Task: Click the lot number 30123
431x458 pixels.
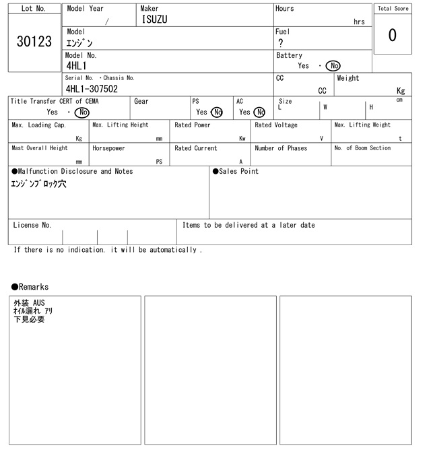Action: pos(34,42)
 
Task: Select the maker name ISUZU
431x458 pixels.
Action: pos(154,20)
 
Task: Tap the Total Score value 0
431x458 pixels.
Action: pos(392,35)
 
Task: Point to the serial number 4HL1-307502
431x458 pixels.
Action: pos(92,89)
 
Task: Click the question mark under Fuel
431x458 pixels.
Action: pos(280,43)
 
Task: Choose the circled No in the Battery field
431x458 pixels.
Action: pos(333,66)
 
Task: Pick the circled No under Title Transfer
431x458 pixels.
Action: pos(81,112)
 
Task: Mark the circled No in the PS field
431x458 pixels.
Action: pos(216,112)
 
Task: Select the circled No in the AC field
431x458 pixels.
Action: pos(259,112)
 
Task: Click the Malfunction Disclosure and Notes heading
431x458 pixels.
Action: pos(72,172)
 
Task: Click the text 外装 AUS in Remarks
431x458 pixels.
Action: pos(29,303)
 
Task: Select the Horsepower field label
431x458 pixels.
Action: pos(108,148)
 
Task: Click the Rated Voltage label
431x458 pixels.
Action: pos(276,125)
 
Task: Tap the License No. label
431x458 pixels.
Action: pos(32,225)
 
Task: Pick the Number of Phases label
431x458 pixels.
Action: pos(281,148)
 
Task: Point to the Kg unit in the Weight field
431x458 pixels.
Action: pos(401,90)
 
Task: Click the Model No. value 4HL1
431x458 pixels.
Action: pos(76,66)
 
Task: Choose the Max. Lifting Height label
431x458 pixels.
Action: pos(121,125)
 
